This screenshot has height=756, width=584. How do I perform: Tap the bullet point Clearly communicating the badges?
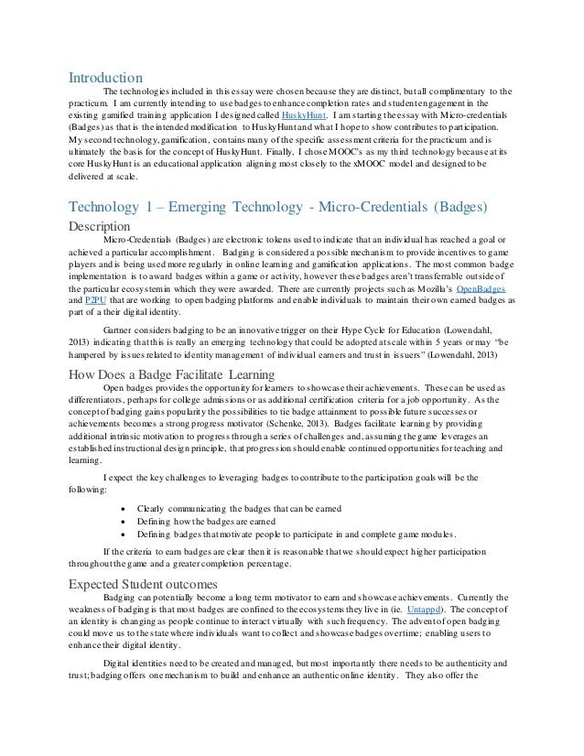225,508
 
